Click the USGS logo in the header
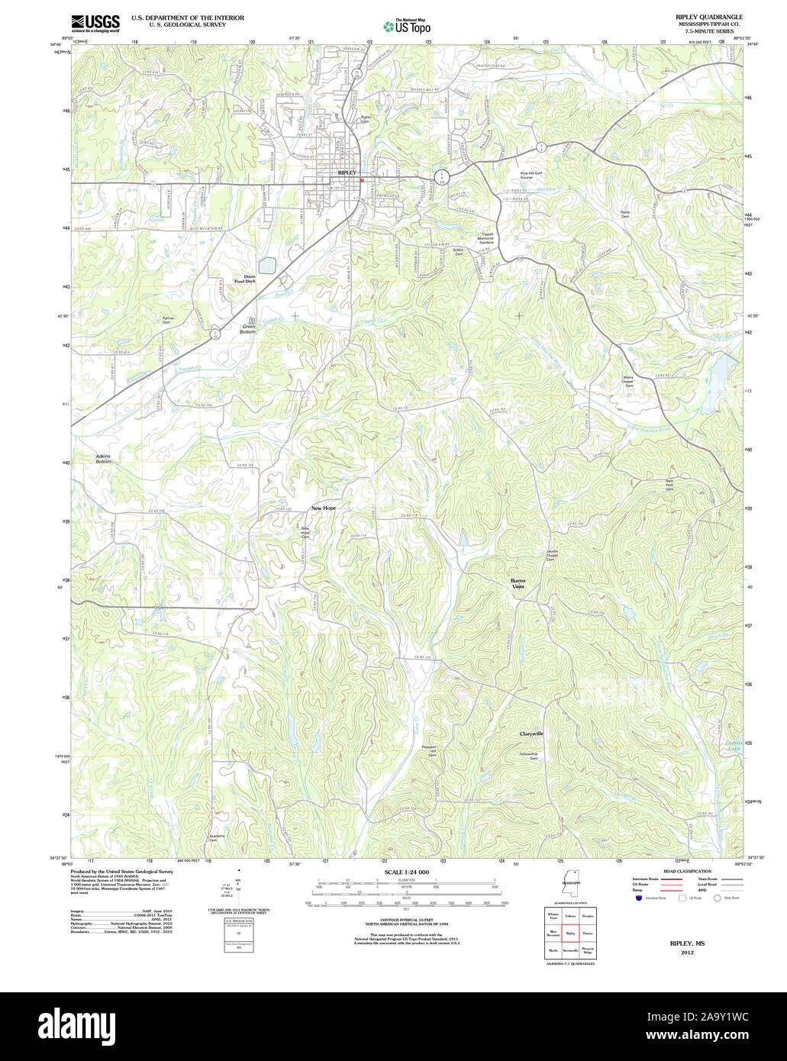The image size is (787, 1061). click(95, 23)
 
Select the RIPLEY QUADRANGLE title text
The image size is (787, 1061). click(708, 17)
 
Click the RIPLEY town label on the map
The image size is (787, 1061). click(347, 173)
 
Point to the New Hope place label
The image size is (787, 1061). click(323, 508)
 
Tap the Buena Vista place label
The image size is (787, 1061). click(518, 584)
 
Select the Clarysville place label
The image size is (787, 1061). click(531, 734)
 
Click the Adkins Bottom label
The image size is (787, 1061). click(103, 459)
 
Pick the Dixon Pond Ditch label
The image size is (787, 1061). click(244, 279)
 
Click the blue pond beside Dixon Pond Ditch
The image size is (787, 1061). click(266, 266)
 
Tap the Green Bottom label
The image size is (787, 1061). click(248, 330)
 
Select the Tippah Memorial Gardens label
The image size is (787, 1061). click(485, 238)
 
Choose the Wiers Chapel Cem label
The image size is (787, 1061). click(628, 382)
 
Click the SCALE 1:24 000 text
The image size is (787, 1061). click(406, 872)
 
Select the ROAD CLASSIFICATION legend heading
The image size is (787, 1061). click(687, 871)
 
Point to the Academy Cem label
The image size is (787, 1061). click(217, 838)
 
